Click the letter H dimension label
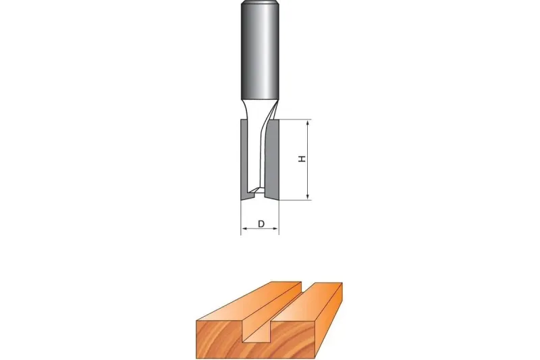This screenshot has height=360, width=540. (x=302, y=159)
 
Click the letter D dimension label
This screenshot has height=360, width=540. (x=261, y=224)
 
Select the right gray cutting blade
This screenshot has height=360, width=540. (x=273, y=159)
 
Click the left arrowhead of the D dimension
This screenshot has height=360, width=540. (x=244, y=228)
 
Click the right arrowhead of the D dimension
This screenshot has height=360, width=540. (x=275, y=228)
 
